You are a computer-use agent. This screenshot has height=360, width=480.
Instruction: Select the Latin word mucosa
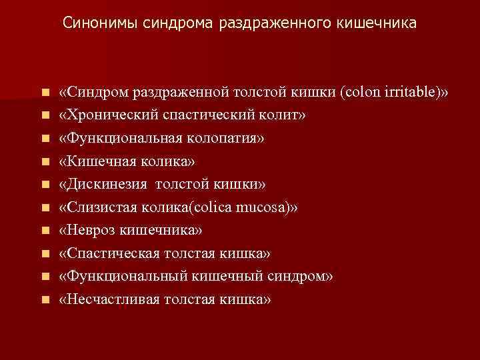pyautogui.click(x=265, y=207)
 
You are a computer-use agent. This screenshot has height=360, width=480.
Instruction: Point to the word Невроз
pyautogui.click(x=86, y=230)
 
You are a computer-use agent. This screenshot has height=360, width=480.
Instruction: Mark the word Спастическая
pyautogui.click(x=109, y=253)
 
